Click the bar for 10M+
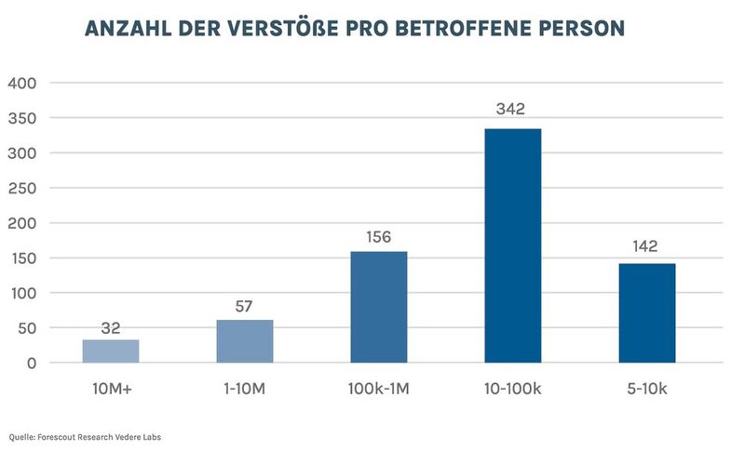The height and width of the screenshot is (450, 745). [x=111, y=351]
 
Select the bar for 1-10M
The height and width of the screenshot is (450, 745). [x=245, y=341]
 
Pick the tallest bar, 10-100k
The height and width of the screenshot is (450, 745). [x=513, y=245]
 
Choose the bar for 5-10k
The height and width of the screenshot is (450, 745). [x=647, y=313]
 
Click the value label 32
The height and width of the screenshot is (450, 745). [x=111, y=327]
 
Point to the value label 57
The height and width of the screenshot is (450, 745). [x=245, y=307]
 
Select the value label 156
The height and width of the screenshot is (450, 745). [x=379, y=237]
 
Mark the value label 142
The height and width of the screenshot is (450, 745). [x=643, y=246]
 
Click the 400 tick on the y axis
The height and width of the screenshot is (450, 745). [x=21, y=83]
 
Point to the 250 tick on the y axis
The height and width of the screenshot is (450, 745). [x=21, y=188]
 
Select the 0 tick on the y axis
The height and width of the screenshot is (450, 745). [x=31, y=363]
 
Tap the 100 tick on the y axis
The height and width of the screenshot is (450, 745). [x=21, y=293]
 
